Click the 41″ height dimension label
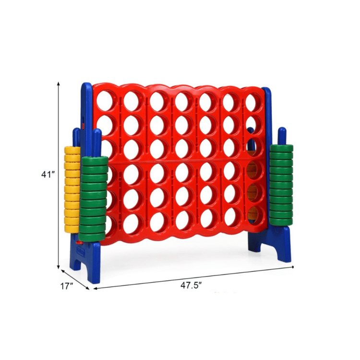coord(48,175)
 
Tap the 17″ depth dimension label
coord(67,286)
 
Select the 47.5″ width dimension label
coord(191,286)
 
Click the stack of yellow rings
coord(72,190)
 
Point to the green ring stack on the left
coord(94,199)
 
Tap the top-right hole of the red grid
coord(254,102)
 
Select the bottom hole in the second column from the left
coord(132,223)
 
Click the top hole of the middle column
coord(183,101)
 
